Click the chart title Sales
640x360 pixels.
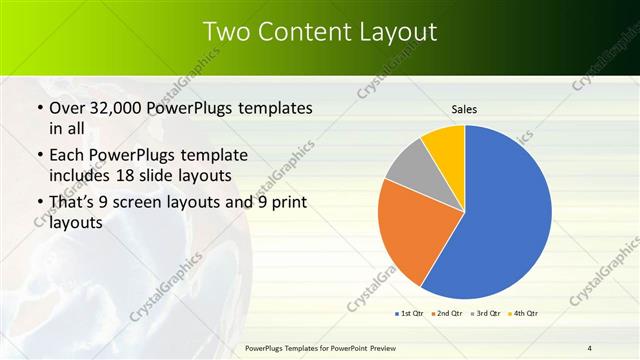click(465, 108)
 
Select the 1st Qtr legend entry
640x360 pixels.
click(409, 313)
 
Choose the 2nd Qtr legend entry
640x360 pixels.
click(447, 313)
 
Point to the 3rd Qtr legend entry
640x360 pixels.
click(485, 313)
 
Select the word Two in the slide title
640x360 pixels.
click(225, 32)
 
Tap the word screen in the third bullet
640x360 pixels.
click(153, 203)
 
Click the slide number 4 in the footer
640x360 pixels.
click(590, 347)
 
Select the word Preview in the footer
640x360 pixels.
click(380, 347)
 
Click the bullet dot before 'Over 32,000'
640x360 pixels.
click(39, 108)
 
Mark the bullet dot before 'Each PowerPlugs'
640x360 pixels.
click(39, 156)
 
